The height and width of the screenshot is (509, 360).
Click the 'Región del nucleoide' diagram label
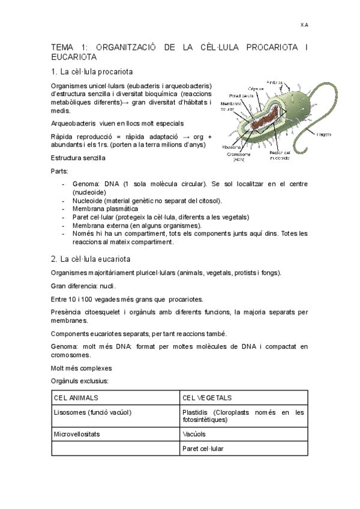280,155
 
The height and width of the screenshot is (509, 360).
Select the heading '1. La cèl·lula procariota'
92,72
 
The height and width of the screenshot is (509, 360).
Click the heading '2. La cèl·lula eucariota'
91,259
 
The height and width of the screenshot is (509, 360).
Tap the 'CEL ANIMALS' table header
76,398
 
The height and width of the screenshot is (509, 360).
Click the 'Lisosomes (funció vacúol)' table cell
92,412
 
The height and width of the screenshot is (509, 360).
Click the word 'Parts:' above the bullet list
60,172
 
